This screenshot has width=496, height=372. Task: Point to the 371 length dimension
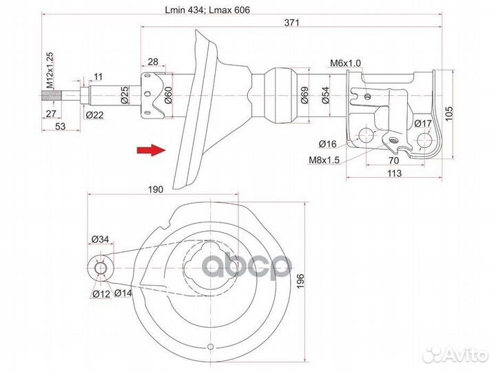(x=292, y=23)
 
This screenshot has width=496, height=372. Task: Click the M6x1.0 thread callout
(x=344, y=63)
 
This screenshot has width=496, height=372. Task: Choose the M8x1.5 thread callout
(x=324, y=161)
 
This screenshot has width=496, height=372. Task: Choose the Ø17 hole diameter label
(x=422, y=123)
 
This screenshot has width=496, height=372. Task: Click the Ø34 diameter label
(x=100, y=240)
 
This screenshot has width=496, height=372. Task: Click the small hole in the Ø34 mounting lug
(x=101, y=268)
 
